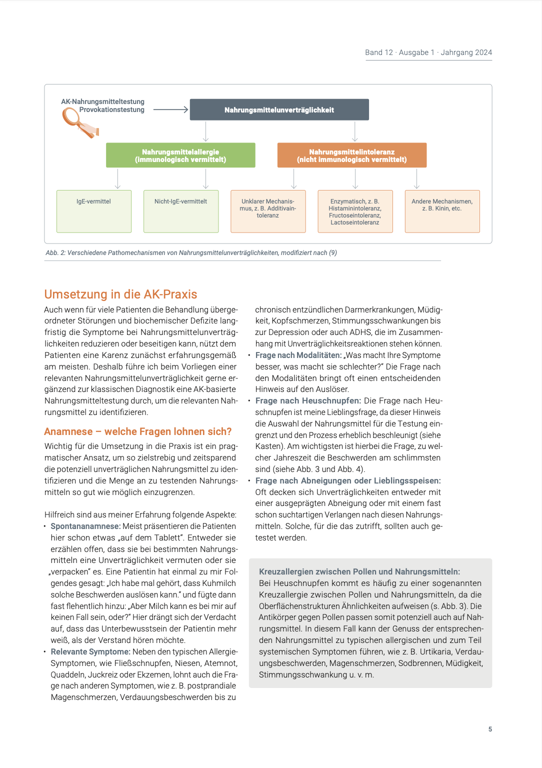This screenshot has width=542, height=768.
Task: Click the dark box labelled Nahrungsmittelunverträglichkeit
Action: point(279,110)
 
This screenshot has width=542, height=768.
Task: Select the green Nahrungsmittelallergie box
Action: point(180,155)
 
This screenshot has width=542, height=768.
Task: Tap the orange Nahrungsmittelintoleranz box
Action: point(352,155)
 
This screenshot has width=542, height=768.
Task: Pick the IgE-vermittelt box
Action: point(94,211)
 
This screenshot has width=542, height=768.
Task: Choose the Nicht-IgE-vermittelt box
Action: point(181,211)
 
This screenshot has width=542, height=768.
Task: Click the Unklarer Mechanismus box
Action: point(268,211)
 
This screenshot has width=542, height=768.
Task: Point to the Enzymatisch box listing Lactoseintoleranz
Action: point(355,211)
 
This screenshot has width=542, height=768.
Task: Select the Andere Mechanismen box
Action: point(442,211)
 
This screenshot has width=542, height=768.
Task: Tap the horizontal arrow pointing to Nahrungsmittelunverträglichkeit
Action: point(170,109)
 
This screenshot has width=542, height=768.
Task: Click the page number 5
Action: point(490,729)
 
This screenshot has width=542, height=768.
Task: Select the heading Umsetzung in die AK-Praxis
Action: point(120,294)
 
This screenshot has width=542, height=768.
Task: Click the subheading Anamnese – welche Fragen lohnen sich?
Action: point(138,431)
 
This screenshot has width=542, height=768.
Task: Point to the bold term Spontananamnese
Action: point(85,526)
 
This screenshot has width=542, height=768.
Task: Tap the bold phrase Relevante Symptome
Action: point(90,651)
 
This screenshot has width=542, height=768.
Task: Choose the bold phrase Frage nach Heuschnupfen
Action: point(308,400)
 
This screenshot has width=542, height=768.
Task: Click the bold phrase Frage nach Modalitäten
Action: point(298,355)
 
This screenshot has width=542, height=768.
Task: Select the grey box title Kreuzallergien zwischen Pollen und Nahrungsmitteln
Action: point(359,571)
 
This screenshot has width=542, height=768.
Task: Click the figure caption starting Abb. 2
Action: point(191,252)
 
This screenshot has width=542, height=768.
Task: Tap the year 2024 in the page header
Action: point(483,52)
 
